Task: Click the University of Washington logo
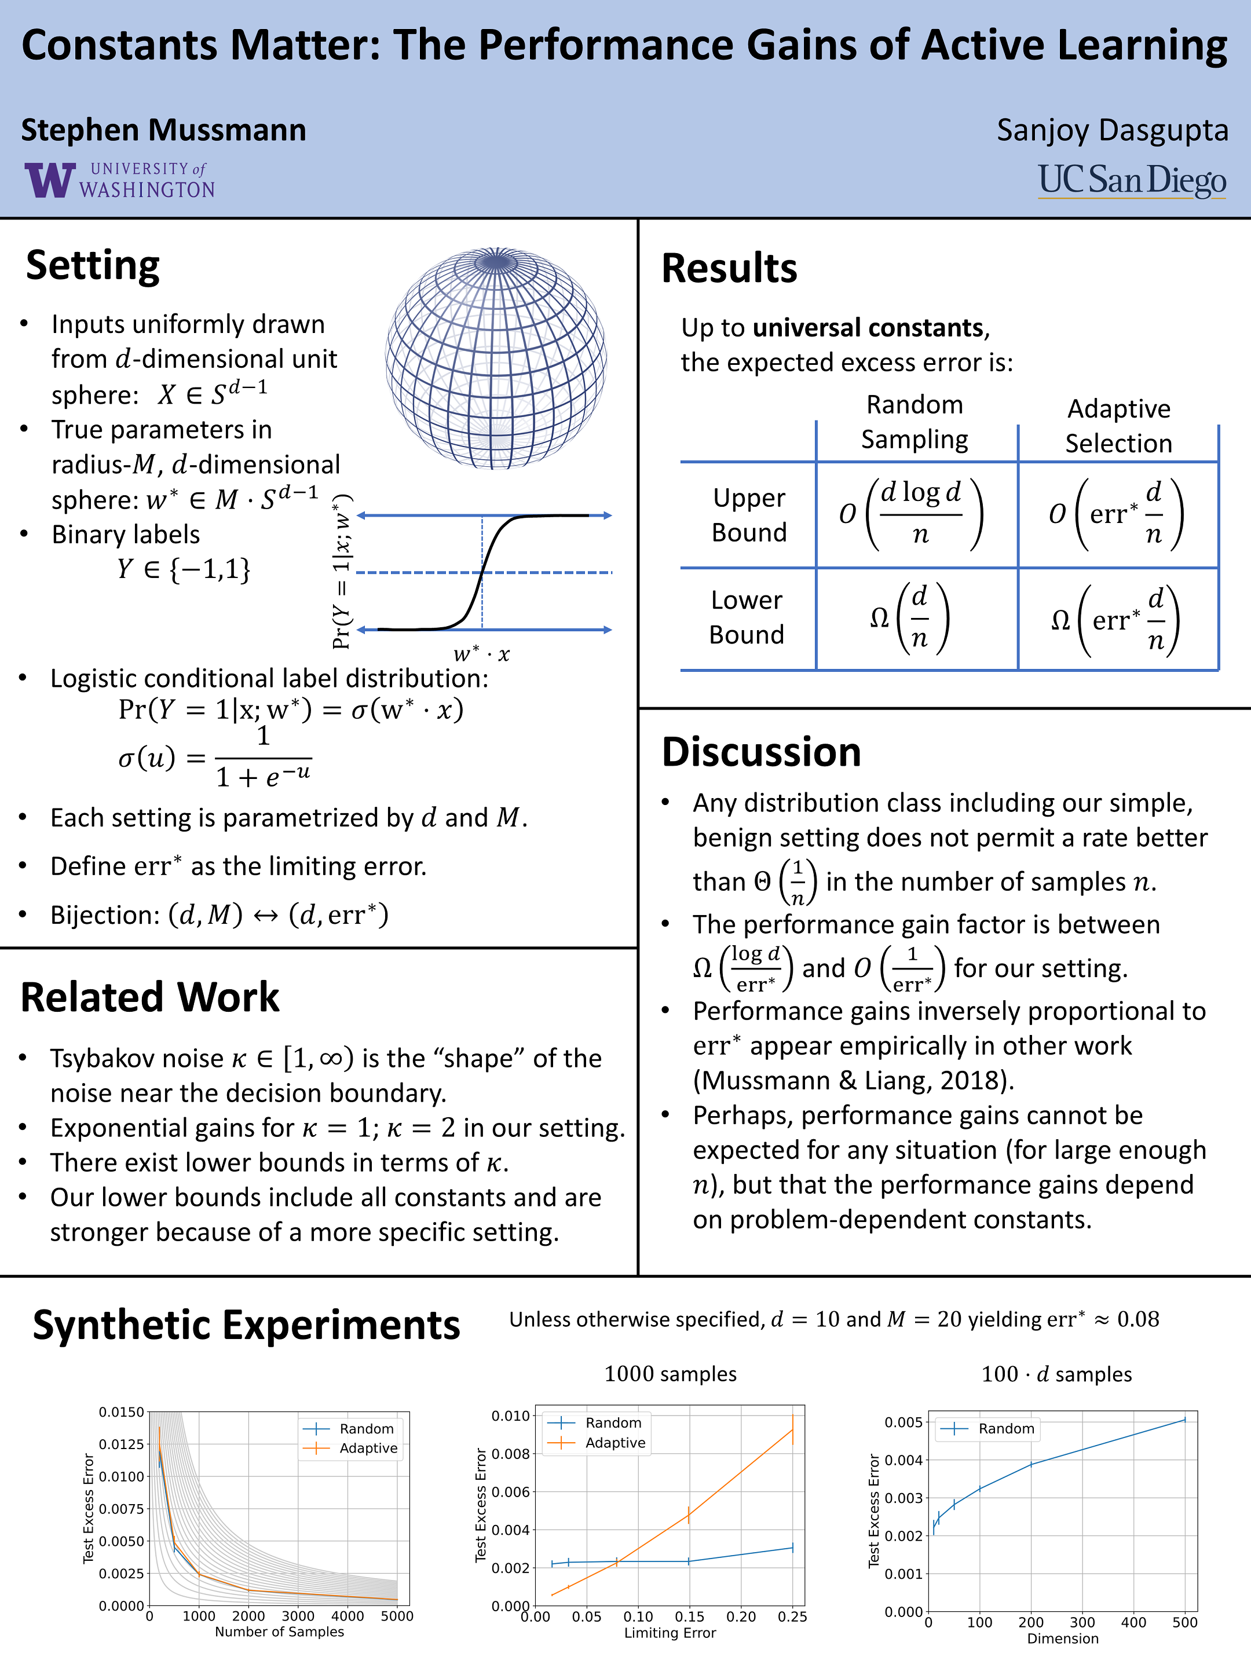click(119, 180)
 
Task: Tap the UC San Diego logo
click(1132, 181)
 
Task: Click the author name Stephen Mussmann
click(164, 130)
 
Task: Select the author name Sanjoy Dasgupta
click(1112, 130)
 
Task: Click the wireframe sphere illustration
click(496, 358)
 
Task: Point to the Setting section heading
click(93, 265)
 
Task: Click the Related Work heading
click(150, 997)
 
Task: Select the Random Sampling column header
click(915, 422)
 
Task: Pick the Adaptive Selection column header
click(1118, 426)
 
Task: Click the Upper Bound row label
click(749, 515)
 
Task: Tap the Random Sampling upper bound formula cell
click(912, 514)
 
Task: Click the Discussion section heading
click(761, 752)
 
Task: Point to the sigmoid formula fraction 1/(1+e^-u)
click(263, 758)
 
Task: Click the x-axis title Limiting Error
click(670, 1633)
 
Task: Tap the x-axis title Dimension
click(1063, 1638)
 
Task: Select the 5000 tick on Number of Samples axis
click(397, 1616)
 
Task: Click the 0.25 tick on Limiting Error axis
click(792, 1616)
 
